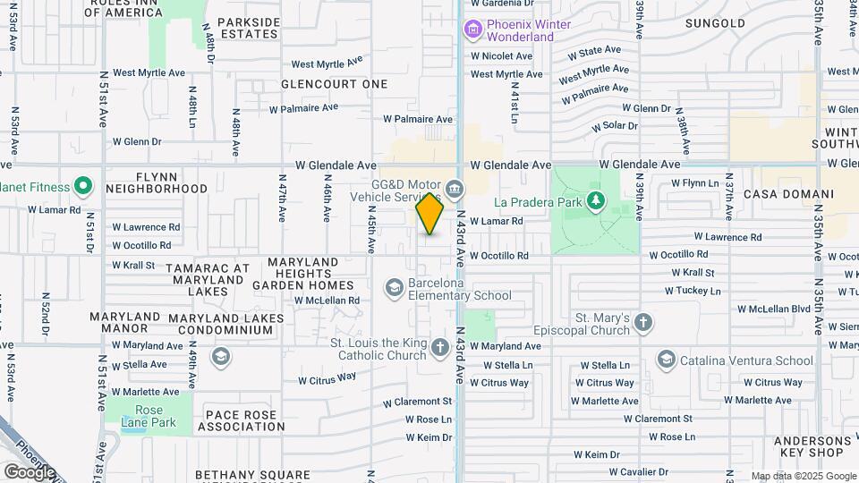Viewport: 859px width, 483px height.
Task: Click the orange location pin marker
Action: point(429,214)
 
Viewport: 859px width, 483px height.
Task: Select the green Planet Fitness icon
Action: point(83,187)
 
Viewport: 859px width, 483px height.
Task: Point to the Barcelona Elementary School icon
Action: point(394,287)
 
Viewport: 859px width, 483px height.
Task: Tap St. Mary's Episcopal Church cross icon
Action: point(643,323)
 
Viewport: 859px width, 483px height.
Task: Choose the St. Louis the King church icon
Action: point(439,347)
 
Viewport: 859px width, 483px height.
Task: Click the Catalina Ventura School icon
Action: point(665,360)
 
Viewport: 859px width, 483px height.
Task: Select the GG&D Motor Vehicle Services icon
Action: point(455,189)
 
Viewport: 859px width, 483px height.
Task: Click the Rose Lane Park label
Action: point(149,416)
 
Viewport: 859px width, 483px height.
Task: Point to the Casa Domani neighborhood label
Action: point(788,194)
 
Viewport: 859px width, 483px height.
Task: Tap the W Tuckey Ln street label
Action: point(693,291)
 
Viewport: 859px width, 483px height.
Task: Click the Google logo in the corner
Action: point(30,471)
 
